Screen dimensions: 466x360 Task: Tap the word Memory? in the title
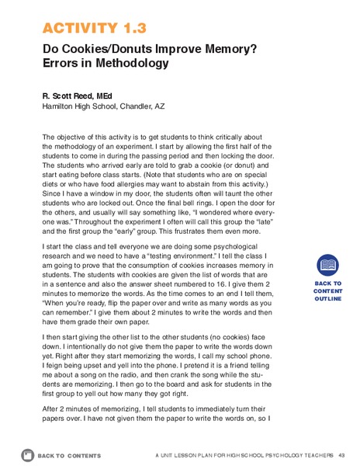click(x=208, y=49)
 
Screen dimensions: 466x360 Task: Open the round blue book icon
click(x=327, y=266)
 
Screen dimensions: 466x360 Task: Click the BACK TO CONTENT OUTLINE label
click(x=327, y=292)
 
